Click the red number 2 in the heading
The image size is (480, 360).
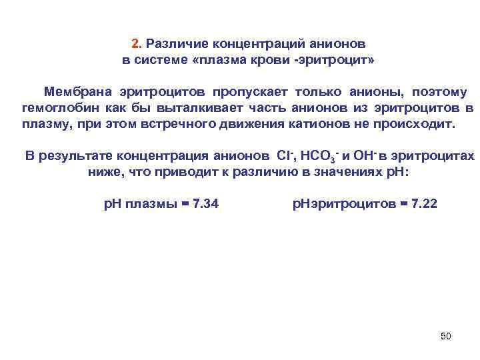[x=135, y=44]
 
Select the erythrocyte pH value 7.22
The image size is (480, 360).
[x=425, y=203]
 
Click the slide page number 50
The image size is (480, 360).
[x=446, y=335]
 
